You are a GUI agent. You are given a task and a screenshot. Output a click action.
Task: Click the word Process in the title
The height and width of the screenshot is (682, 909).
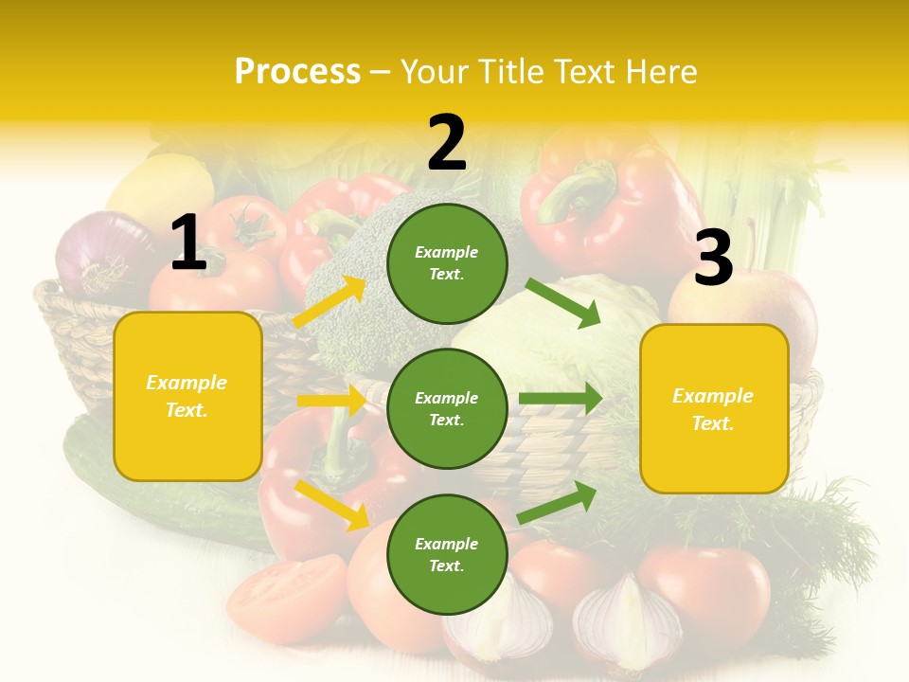[297, 71]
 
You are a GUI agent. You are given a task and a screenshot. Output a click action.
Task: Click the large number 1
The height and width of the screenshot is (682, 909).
[188, 243]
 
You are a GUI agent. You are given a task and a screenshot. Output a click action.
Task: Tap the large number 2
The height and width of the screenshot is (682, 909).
[447, 143]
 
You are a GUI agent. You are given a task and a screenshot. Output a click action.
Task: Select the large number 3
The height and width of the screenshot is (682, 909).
[713, 259]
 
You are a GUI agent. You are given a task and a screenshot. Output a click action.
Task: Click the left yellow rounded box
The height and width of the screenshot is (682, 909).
[187, 396]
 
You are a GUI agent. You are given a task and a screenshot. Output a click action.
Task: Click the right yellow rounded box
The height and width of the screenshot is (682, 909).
[714, 409]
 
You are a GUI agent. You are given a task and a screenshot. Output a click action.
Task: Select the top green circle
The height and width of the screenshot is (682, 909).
[447, 263]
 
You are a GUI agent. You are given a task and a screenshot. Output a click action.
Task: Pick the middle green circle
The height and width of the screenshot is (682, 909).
[447, 409]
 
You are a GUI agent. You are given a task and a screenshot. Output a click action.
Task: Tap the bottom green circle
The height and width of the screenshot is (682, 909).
[447, 555]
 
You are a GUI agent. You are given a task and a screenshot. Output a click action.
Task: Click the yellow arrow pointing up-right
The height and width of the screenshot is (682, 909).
[330, 301]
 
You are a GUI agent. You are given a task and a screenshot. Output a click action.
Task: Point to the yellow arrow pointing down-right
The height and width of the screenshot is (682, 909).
[332, 505]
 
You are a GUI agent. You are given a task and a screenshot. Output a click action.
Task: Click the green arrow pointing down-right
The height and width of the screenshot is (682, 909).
[563, 303]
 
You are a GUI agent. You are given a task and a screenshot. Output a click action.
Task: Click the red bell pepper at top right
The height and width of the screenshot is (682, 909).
[606, 199]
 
